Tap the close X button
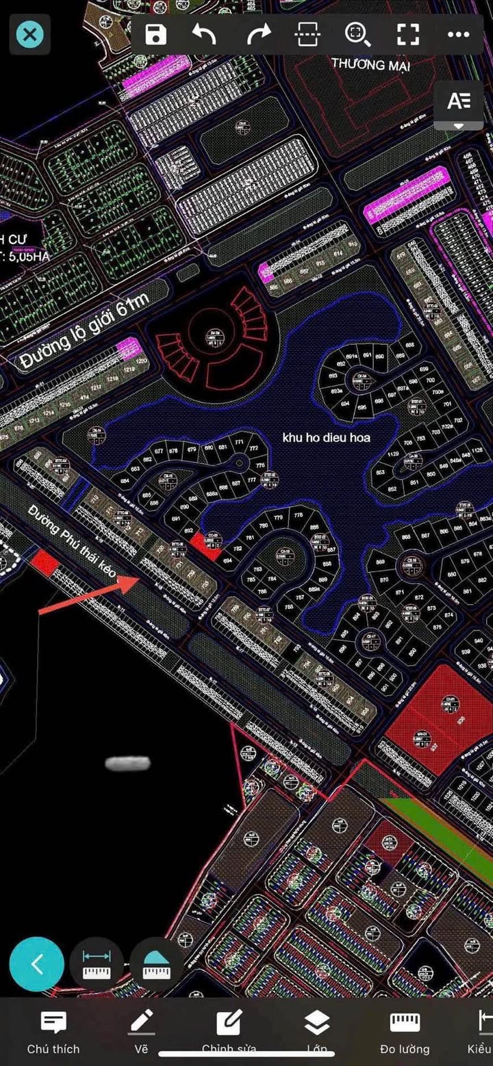(x=29, y=34)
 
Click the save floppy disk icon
(x=156, y=34)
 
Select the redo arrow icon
(x=258, y=34)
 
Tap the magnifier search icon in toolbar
(x=357, y=34)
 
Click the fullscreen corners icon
(x=408, y=34)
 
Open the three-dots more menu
(x=458, y=34)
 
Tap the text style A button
(x=458, y=102)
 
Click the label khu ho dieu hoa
(x=326, y=437)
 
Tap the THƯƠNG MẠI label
(x=370, y=65)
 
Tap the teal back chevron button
(x=37, y=964)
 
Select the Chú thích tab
(x=53, y=1032)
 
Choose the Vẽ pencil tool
(x=141, y=1032)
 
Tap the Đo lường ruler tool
(x=405, y=1032)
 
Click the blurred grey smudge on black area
(x=127, y=763)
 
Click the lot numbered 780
(x=264, y=526)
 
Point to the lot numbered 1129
(x=393, y=454)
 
